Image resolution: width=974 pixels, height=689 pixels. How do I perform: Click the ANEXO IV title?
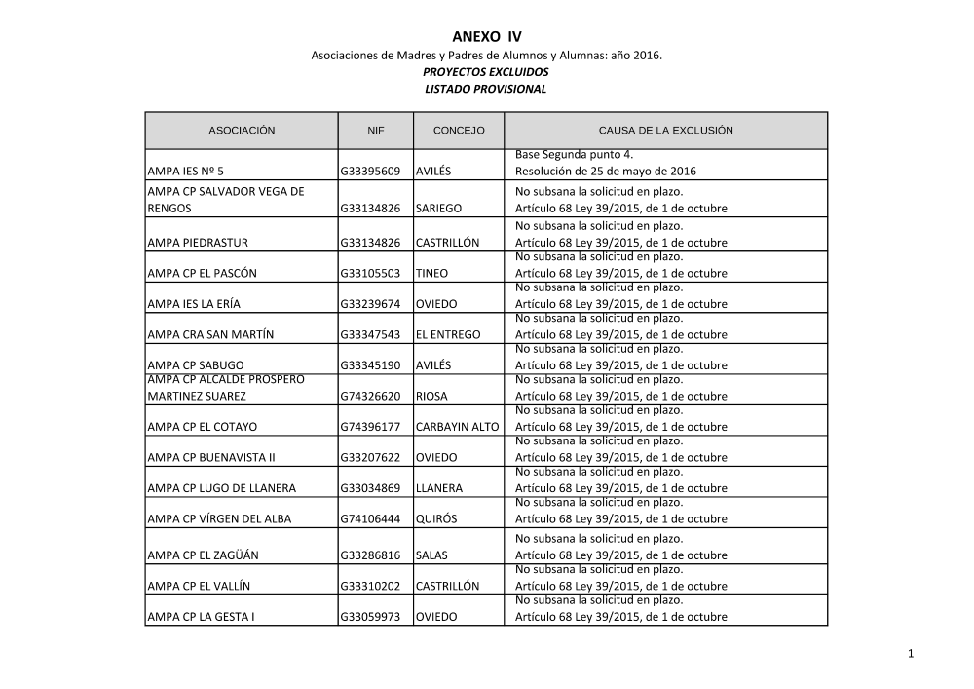pyautogui.click(x=486, y=37)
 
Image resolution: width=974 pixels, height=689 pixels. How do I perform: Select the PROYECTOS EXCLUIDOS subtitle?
pyautogui.click(x=486, y=72)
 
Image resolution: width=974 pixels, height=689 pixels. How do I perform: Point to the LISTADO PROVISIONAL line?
pyautogui.click(x=486, y=89)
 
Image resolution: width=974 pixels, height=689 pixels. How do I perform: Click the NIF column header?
pyautogui.click(x=376, y=130)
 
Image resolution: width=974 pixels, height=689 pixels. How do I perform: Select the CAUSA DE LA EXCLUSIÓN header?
pyautogui.click(x=665, y=130)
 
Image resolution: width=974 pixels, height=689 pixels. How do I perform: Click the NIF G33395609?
pyautogui.click(x=370, y=172)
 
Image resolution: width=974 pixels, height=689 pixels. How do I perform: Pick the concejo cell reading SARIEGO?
pyautogui.click(x=439, y=209)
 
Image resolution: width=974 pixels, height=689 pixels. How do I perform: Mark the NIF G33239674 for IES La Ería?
pyautogui.click(x=370, y=304)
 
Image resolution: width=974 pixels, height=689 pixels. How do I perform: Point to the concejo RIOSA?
pyautogui.click(x=431, y=397)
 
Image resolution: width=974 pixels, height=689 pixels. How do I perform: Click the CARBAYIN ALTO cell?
pyautogui.click(x=457, y=427)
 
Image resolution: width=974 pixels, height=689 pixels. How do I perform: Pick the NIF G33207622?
pyautogui.click(x=370, y=457)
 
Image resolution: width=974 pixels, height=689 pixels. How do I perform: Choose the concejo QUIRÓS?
pyautogui.click(x=435, y=518)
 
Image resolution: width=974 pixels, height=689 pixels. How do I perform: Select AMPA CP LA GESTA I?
pyautogui.click(x=199, y=617)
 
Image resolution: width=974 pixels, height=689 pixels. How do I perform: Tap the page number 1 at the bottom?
pyautogui.click(x=910, y=654)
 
